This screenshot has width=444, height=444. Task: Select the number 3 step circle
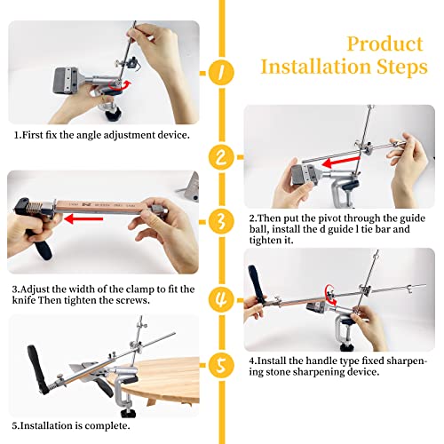point(222,218)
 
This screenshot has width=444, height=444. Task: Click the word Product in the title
point(385,44)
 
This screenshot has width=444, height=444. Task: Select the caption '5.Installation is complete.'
point(72,425)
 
